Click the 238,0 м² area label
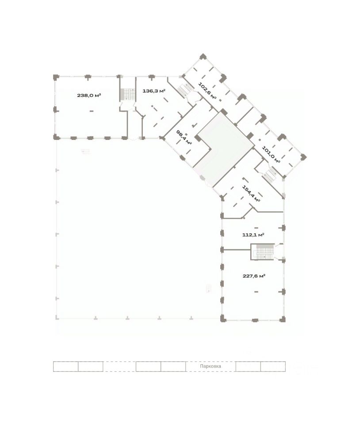tap(89, 96)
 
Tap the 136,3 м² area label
tap(154, 91)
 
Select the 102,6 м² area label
tap(207, 91)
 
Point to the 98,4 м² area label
tap(184, 137)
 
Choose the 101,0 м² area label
tap(271, 155)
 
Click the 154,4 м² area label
tap(251, 193)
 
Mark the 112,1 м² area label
tap(253, 235)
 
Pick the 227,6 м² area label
tap(254, 276)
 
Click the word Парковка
tap(211, 366)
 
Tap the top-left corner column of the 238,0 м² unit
tap(56, 77)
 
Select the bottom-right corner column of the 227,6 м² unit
tap(283, 319)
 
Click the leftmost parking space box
tap(66, 367)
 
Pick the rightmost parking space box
tap(273, 367)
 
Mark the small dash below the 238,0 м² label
tap(92, 111)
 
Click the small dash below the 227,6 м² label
tap(256, 292)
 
